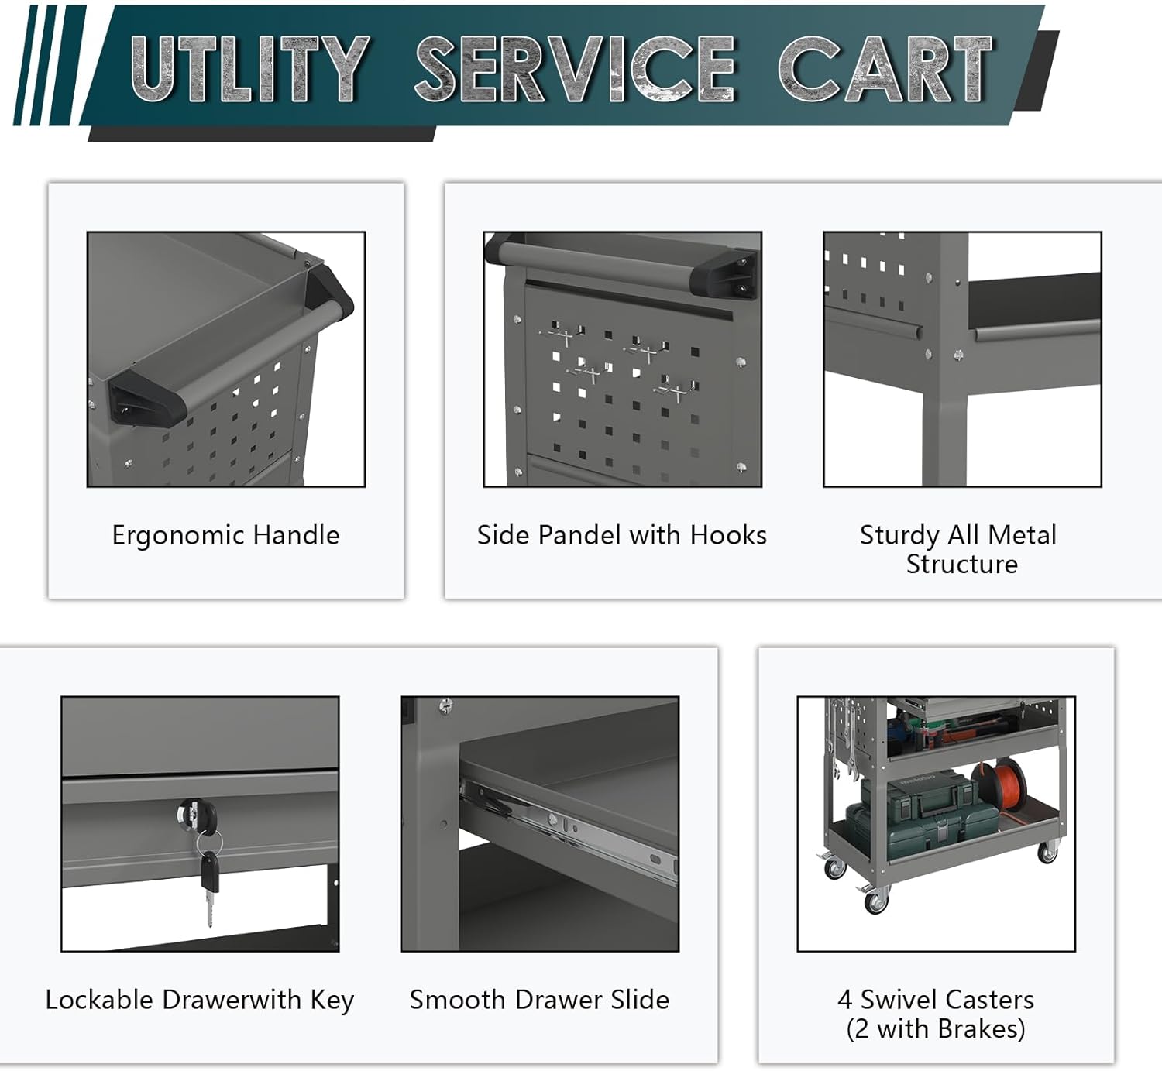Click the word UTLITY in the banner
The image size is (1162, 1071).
(x=250, y=68)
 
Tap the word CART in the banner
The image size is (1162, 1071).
(x=885, y=68)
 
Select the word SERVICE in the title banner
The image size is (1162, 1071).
(x=575, y=68)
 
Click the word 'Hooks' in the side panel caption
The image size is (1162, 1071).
(x=728, y=534)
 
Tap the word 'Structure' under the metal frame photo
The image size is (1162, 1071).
(x=962, y=565)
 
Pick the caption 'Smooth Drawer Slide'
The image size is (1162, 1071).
(x=539, y=1000)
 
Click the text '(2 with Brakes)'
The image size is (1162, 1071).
(x=936, y=1029)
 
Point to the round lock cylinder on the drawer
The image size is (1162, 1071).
(x=197, y=814)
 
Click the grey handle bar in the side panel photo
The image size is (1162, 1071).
(x=603, y=263)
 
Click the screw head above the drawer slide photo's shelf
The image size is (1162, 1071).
(x=446, y=705)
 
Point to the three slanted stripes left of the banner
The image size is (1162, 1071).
(x=50, y=65)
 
